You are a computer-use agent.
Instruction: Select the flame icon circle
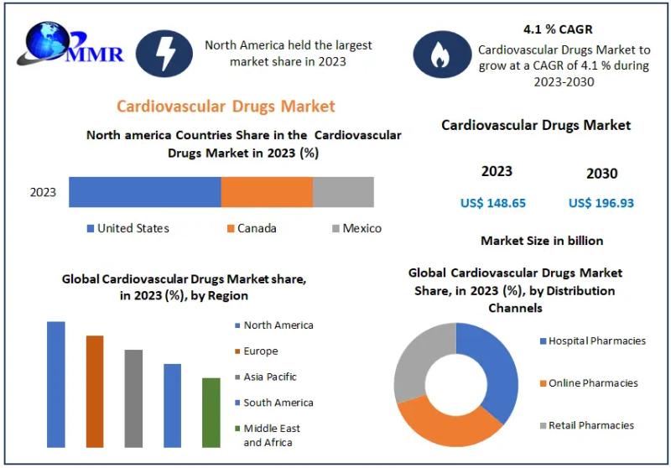coord(438,54)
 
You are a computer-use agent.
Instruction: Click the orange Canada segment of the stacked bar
coord(267,192)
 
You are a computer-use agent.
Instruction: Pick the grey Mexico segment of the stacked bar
coord(343,192)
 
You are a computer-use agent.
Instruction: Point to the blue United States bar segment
coord(144,192)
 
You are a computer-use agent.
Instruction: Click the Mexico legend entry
coord(357,228)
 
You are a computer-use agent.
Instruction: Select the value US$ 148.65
coord(493,203)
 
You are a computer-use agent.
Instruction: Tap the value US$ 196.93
coord(601,203)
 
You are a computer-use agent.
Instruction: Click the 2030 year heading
coord(601,174)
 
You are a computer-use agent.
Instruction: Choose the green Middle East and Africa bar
coord(211,412)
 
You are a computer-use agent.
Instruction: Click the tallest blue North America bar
coord(56,384)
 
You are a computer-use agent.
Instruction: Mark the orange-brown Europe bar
coord(95,391)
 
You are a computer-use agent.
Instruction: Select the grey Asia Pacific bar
coord(133,398)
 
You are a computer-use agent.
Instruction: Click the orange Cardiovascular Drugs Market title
coord(226,106)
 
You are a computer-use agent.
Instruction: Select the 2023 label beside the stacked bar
coord(43,192)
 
